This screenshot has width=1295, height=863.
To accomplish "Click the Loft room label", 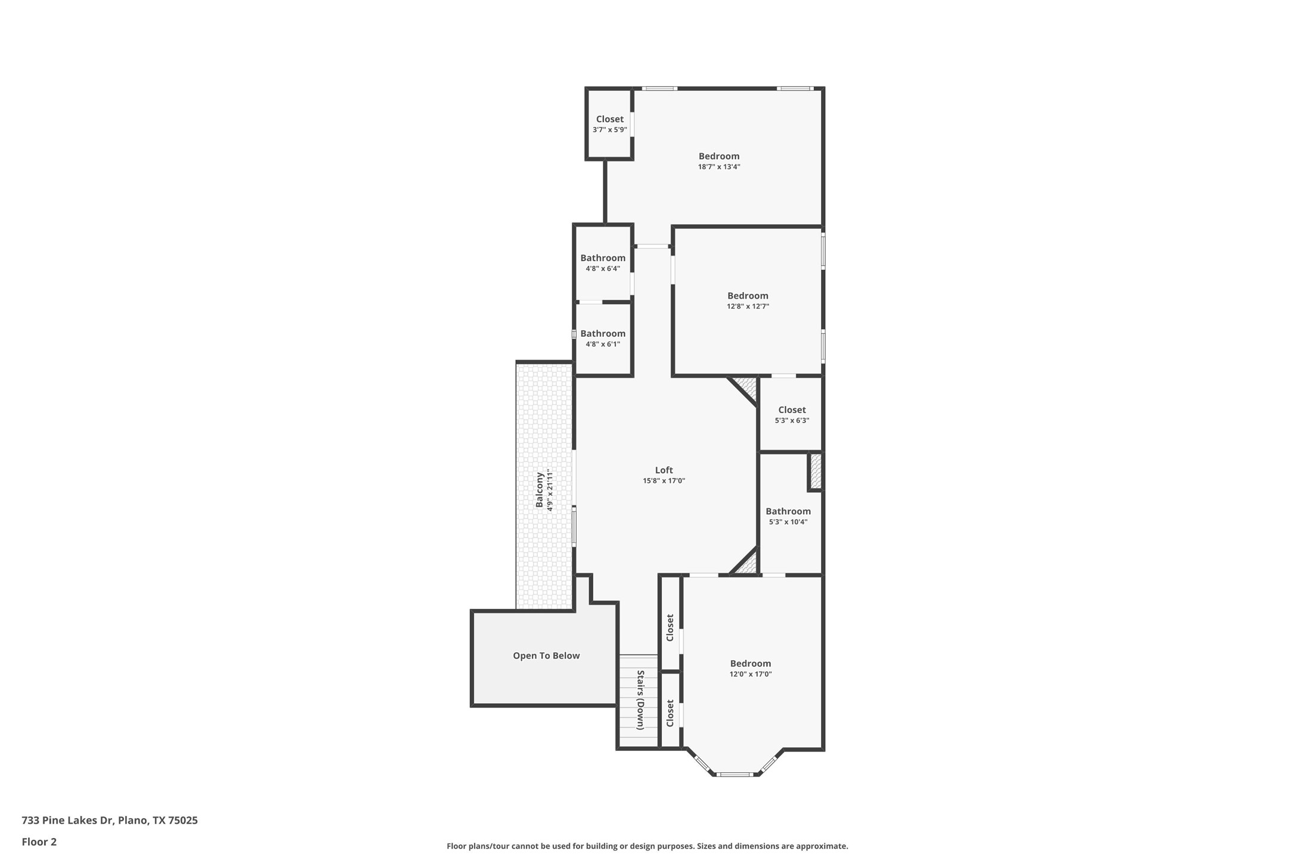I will pos(664,470).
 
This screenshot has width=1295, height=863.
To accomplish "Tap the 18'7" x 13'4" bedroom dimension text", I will pos(719,167).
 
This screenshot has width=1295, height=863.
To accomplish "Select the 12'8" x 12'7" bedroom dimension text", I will pos(748,306).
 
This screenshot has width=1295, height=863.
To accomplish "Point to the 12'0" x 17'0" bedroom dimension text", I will pos(751,674).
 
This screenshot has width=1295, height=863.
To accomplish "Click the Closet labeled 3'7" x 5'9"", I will pos(609,119).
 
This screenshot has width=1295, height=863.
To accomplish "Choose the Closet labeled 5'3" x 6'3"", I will pos(792,410).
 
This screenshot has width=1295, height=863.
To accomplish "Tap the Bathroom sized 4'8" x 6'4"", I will pos(603,258).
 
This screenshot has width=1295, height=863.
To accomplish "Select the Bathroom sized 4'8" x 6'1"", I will pos(603,334).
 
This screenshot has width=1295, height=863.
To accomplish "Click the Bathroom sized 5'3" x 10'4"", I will pos(788,511).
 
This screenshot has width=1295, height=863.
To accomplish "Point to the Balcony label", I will pos(540,490).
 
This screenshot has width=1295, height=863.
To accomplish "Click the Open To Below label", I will pos(546,656).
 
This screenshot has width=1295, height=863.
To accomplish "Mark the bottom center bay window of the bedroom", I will pos(735,774).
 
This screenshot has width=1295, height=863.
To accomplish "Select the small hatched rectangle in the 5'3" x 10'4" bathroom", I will pos(816,471).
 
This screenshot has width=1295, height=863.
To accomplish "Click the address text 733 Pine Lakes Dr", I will pos(67,820).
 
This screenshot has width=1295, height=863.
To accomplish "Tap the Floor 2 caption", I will pos(39,842).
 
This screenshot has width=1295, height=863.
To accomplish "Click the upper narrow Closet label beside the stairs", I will pos(670,628).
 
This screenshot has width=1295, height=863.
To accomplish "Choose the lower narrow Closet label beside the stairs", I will pos(670,713).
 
